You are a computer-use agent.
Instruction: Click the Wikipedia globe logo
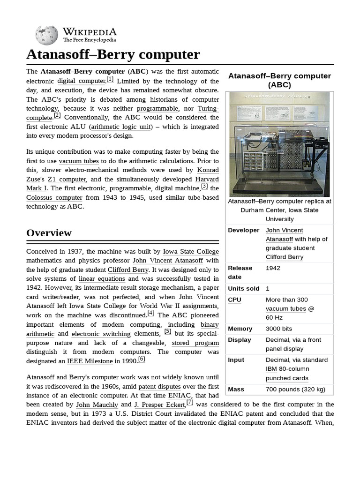coord(46,35)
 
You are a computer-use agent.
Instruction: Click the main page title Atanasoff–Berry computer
coord(113,54)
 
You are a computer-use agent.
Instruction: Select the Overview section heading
coord(49,232)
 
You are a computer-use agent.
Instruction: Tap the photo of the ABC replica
coord(279,144)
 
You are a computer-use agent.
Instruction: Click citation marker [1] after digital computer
coord(110,79)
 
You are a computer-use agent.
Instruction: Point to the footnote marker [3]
coord(204,186)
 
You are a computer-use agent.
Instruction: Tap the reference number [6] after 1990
coord(142,359)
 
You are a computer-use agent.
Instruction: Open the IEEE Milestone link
coord(90,361)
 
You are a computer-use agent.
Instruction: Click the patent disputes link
coord(159,387)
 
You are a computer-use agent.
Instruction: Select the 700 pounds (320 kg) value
coord(295,389)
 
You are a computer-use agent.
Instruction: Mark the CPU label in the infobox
coord(234,300)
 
